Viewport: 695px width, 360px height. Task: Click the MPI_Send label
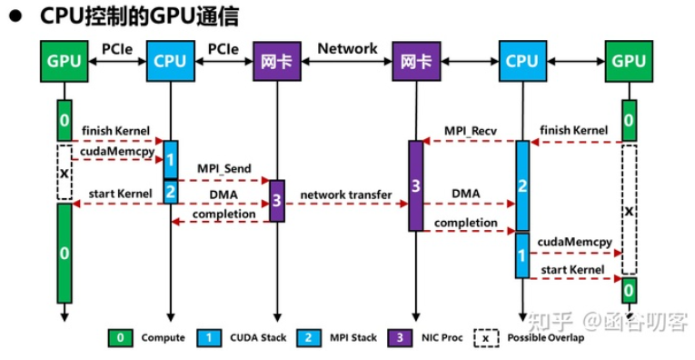(x=224, y=169)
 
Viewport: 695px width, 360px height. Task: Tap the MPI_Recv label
(x=468, y=130)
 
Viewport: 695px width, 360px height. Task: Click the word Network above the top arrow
(x=347, y=49)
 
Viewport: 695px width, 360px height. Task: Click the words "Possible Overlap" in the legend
(x=547, y=338)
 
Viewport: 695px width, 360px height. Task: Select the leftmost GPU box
(x=64, y=62)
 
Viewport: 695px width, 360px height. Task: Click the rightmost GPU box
(x=629, y=62)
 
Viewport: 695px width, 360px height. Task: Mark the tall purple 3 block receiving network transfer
(x=415, y=185)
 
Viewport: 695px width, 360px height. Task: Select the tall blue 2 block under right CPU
(x=522, y=185)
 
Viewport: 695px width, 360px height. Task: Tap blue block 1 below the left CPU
(x=170, y=158)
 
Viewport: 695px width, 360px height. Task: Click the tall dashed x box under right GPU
(x=628, y=208)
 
